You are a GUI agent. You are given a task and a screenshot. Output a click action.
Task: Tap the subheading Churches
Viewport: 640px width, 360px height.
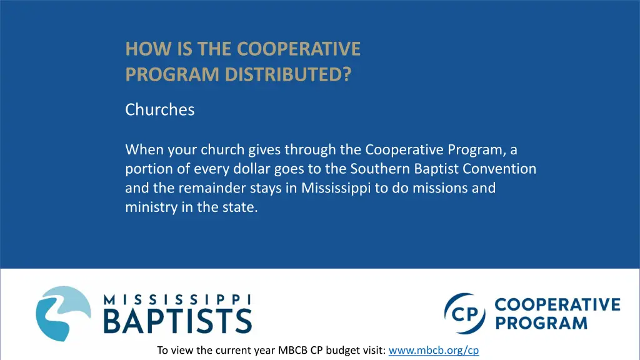click(x=160, y=109)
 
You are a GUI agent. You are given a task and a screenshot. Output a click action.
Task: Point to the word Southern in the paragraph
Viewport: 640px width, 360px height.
click(x=377, y=169)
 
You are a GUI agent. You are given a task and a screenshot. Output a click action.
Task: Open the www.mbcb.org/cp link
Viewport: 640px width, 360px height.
click(x=434, y=351)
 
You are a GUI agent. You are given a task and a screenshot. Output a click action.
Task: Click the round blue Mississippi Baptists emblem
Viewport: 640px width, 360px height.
click(x=63, y=313)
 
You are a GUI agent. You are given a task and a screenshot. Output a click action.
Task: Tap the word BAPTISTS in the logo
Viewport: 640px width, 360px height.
click(x=177, y=320)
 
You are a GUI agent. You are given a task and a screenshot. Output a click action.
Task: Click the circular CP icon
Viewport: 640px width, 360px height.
click(x=465, y=314)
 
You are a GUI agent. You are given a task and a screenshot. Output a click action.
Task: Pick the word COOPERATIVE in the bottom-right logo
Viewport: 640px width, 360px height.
click(x=557, y=305)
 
